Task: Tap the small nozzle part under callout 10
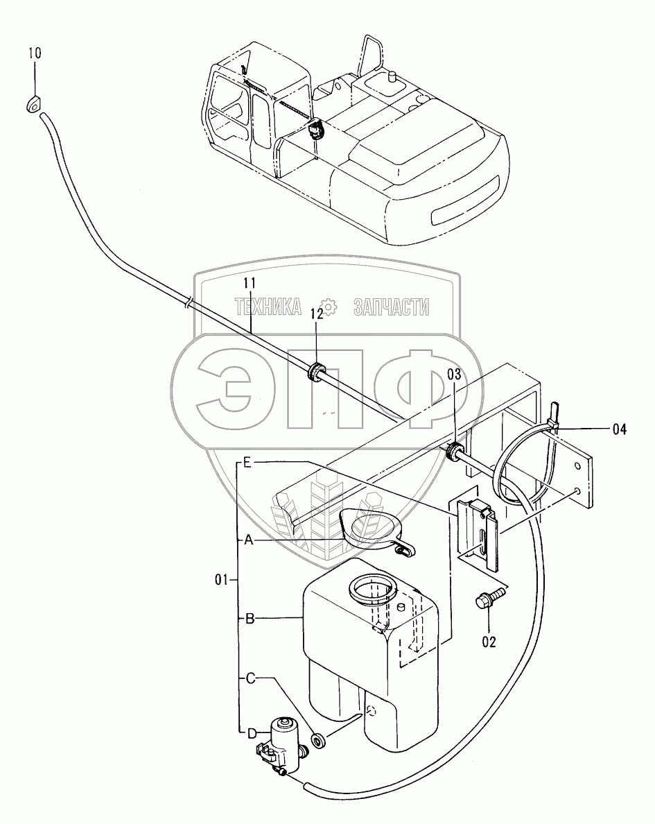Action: [33, 105]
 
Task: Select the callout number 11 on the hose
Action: [250, 283]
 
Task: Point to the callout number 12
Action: [316, 314]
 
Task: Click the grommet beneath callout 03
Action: [454, 451]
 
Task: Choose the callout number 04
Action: [619, 429]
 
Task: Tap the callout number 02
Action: [489, 642]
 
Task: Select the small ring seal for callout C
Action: [320, 741]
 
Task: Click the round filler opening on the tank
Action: [372, 592]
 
